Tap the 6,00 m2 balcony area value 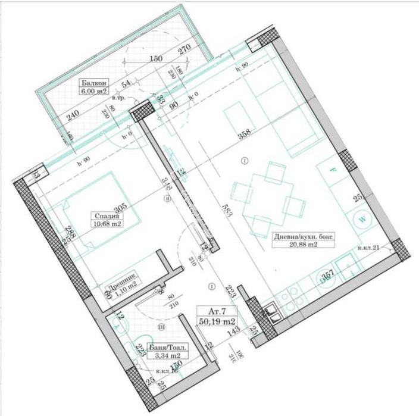95,92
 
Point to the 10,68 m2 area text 107,224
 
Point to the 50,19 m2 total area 218,321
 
